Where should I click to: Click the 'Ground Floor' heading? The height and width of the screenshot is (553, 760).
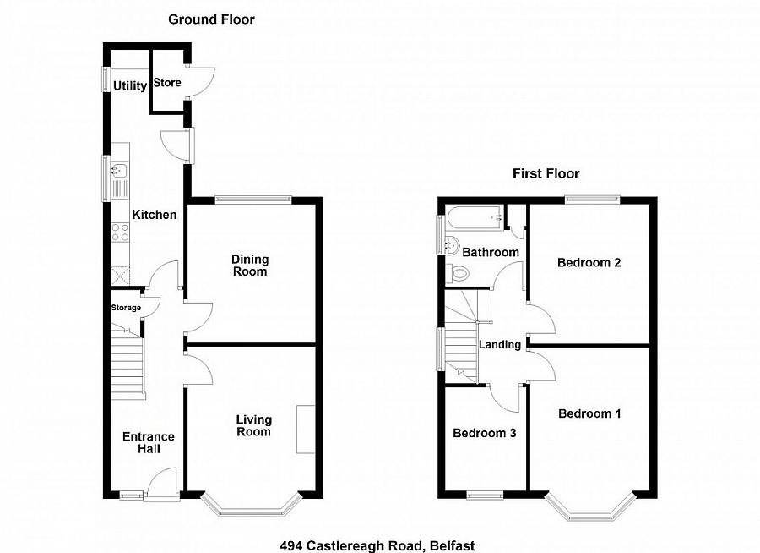pyautogui.click(x=211, y=19)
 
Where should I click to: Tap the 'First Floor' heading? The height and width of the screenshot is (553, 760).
pyautogui.click(x=546, y=173)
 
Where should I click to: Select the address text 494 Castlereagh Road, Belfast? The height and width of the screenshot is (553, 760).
pyautogui.click(x=383, y=546)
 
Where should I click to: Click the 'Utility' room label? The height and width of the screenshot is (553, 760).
pyautogui.click(x=131, y=85)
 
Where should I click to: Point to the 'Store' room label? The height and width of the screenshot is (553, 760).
pyautogui.click(x=166, y=83)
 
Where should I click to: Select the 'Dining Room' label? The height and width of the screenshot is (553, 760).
pyautogui.click(x=251, y=265)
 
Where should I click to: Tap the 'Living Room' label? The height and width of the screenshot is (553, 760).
pyautogui.click(x=253, y=425)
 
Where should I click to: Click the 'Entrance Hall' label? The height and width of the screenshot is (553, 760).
pyautogui.click(x=149, y=442)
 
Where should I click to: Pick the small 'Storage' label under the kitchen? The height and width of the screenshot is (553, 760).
pyautogui.click(x=126, y=308)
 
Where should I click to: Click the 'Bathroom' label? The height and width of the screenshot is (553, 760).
pyautogui.click(x=490, y=252)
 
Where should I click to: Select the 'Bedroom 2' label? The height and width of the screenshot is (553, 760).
pyautogui.click(x=589, y=263)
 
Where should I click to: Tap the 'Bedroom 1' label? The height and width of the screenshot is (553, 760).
pyautogui.click(x=589, y=413)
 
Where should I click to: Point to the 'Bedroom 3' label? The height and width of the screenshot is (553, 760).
pyautogui.click(x=485, y=433)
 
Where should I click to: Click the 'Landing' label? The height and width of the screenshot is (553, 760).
pyautogui.click(x=500, y=345)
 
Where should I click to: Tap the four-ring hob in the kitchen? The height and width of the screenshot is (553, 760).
pyautogui.click(x=120, y=233)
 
